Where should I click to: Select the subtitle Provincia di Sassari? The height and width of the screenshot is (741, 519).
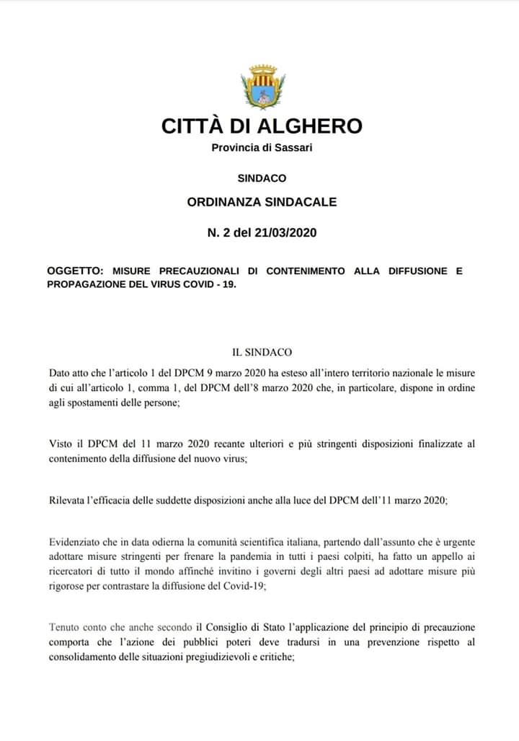[262, 148]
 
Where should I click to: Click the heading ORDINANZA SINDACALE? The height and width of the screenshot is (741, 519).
[262, 202]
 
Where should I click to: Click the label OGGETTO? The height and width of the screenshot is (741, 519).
[75, 271]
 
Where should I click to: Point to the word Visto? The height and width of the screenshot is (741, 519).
[62, 444]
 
